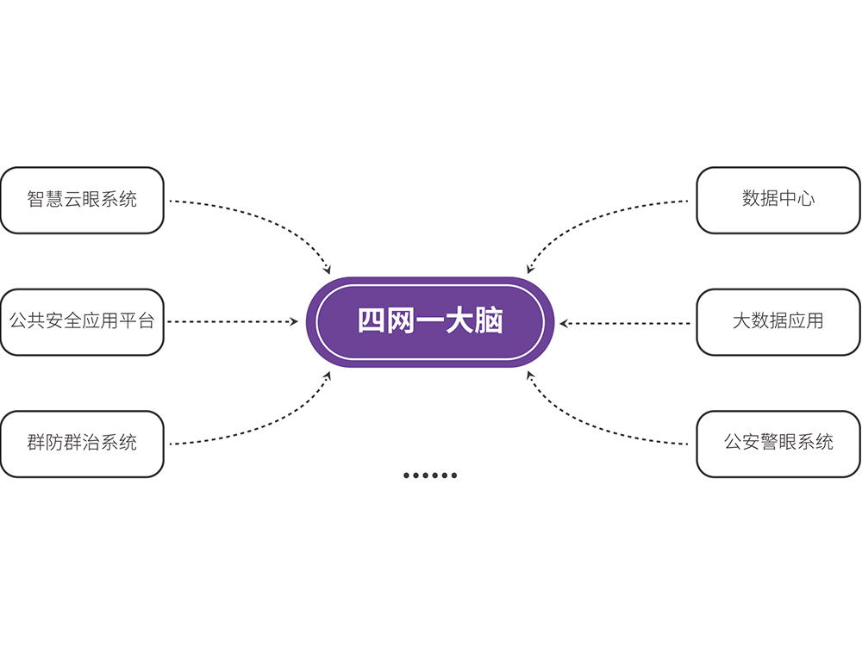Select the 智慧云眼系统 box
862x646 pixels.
tap(82, 200)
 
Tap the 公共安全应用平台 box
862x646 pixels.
tap(82, 322)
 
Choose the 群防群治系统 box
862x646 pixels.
tap(82, 444)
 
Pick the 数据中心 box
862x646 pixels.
tap(778, 200)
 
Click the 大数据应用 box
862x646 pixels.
tap(778, 322)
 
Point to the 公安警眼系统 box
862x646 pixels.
tap(778, 444)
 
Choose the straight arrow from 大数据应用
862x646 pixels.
tap(625, 324)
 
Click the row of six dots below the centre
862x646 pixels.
tap(430, 475)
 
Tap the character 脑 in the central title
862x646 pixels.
tap(490, 321)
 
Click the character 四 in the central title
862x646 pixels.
tap(372, 321)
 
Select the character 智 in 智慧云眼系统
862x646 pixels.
tap(36, 200)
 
